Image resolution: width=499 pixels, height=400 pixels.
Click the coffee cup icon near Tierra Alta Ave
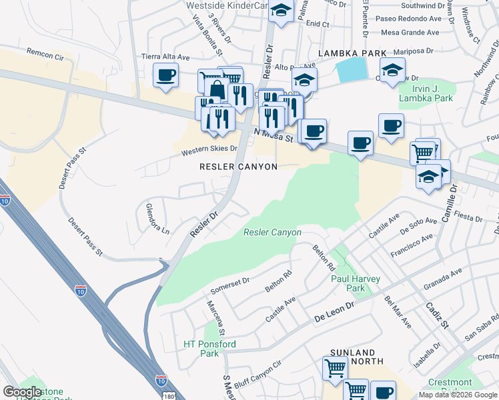[x=165, y=74]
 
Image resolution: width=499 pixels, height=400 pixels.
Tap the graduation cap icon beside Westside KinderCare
[x=282, y=11]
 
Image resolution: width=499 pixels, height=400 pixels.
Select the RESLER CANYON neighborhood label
[x=238, y=167]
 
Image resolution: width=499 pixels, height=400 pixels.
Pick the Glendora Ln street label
[x=157, y=218]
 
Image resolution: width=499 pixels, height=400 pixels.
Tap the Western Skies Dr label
[x=209, y=151]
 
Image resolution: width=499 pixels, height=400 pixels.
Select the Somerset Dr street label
[x=229, y=285]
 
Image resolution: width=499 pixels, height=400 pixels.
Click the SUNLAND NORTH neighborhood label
[x=354, y=357]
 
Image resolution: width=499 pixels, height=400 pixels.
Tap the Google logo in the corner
[x=22, y=392]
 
